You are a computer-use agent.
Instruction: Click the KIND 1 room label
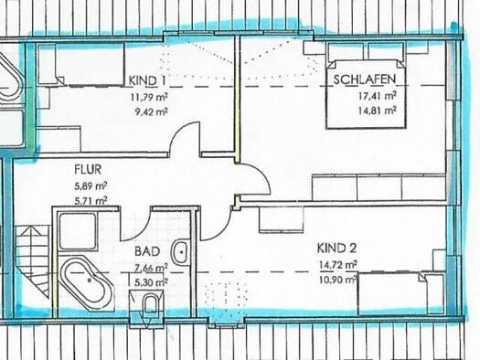(147, 80)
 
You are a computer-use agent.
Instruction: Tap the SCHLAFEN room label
(364, 79)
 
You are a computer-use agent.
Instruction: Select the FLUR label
(88, 169)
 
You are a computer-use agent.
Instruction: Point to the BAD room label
(147, 251)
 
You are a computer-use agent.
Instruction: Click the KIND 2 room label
(336, 248)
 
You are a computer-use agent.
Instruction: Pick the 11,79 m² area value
(149, 98)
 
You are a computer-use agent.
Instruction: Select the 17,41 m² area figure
(378, 96)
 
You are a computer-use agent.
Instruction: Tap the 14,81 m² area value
(378, 111)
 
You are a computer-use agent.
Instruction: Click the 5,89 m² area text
(91, 186)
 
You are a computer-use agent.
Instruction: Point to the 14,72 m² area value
(338, 265)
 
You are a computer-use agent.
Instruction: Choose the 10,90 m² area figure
(338, 280)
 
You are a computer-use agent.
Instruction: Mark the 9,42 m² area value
(151, 112)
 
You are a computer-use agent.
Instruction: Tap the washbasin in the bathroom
(181, 253)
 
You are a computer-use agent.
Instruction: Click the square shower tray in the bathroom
(78, 231)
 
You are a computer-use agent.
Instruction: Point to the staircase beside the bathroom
(32, 261)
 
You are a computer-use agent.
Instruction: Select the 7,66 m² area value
(151, 269)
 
